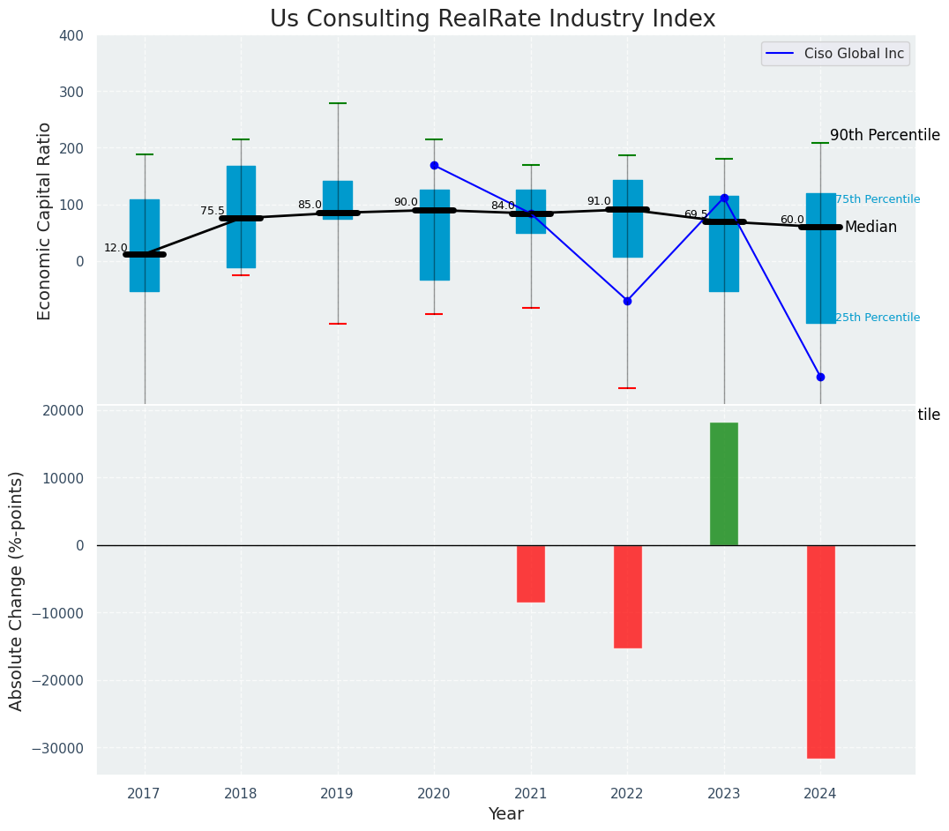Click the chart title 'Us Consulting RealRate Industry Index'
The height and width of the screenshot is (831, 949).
(x=492, y=19)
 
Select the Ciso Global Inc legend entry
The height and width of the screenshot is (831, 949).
(x=834, y=54)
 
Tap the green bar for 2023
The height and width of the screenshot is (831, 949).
(x=724, y=483)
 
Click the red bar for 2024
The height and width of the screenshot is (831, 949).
(x=820, y=651)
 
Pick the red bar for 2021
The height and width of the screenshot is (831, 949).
(x=531, y=573)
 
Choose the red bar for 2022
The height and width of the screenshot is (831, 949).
(x=628, y=596)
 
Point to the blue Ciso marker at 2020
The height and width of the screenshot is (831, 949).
(x=434, y=165)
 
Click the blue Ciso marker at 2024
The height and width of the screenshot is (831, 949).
(x=820, y=377)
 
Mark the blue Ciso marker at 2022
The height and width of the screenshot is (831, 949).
(x=627, y=301)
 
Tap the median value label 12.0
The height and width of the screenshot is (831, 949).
(x=116, y=249)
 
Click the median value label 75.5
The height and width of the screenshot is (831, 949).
(x=213, y=212)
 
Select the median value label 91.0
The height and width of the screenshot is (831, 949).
(x=599, y=202)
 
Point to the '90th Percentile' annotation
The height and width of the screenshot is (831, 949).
(x=885, y=136)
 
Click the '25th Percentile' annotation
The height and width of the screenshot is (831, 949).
(x=877, y=318)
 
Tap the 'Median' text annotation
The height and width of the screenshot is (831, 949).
(x=871, y=228)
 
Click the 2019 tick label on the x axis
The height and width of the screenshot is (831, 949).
(x=337, y=794)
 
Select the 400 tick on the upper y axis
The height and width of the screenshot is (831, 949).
(x=71, y=36)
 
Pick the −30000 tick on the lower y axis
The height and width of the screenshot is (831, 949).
(x=59, y=748)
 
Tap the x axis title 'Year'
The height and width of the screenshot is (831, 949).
(x=506, y=814)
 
